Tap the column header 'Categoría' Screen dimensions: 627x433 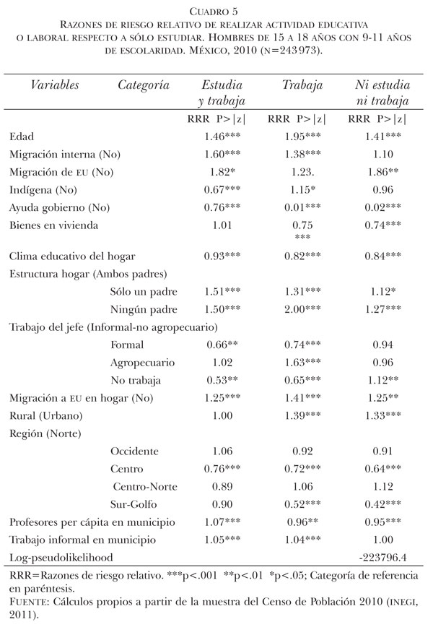coord(143,85)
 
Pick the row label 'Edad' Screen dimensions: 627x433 coord(22,137)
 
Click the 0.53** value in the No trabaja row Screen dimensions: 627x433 coord(219,380)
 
